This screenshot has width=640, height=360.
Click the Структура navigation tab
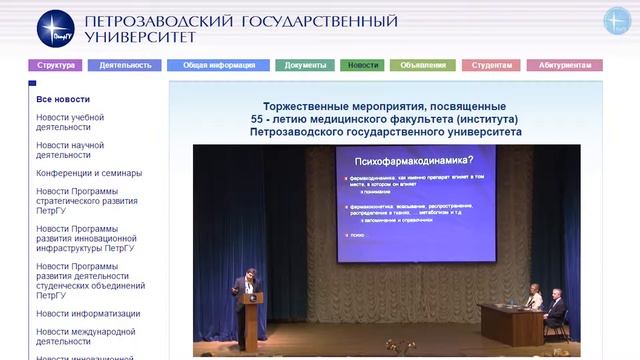56,65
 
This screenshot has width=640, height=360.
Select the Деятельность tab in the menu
124,65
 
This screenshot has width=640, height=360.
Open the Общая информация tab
218,65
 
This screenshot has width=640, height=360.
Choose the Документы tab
305,65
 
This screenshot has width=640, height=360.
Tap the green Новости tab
362,65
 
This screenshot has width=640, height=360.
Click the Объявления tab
423,65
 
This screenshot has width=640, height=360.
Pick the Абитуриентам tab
564,65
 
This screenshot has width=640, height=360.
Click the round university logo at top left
56,28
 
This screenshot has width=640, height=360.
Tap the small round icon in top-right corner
617,20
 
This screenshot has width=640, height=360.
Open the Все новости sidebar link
63,99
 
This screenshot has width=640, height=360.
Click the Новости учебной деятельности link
70,122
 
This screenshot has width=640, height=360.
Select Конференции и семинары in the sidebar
89,173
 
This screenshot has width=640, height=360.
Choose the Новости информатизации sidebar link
88,313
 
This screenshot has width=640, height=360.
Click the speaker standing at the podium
248,285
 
